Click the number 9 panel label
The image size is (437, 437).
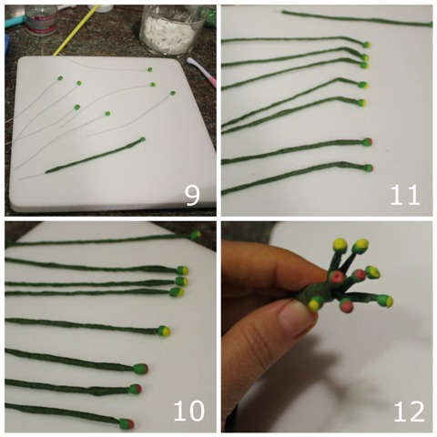(x=193, y=196)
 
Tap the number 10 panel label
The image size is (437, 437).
(x=188, y=411)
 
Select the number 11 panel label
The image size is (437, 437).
(x=405, y=195)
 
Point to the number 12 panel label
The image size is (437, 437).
(x=409, y=412)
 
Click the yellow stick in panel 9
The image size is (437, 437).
(x=76, y=30)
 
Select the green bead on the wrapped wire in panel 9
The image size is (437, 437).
(x=142, y=139)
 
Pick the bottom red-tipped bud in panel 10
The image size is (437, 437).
(x=127, y=423)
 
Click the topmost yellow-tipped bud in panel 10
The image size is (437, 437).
(x=196, y=235)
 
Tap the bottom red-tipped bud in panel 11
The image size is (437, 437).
(x=369, y=168)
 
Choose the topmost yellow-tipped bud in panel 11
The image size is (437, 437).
(x=367, y=45)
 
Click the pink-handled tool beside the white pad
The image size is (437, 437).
(x=202, y=72)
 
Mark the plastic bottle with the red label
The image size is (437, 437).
(x=41, y=19)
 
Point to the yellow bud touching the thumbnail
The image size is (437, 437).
(x=316, y=304)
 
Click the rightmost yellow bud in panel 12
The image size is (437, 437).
(x=385, y=300)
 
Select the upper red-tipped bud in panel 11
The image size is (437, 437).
(x=368, y=142)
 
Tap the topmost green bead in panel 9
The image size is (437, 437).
(x=149, y=69)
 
